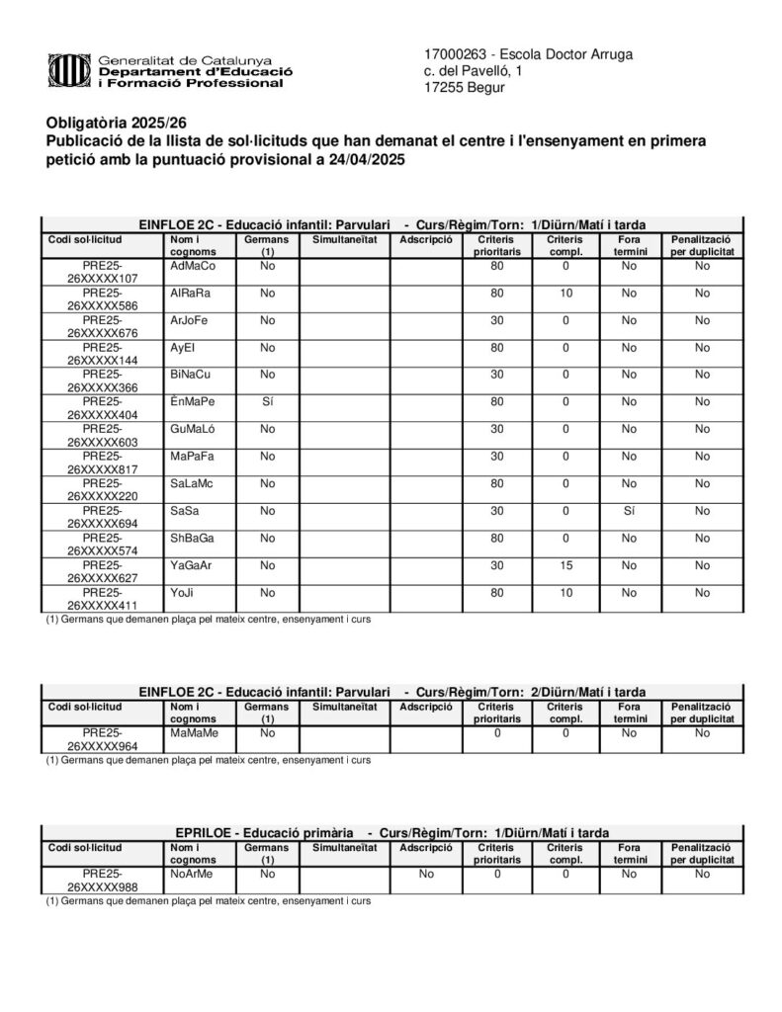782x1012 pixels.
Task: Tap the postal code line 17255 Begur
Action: [464, 88]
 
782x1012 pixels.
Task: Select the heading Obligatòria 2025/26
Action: [116, 123]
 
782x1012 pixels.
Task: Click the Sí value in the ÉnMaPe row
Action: [267, 402]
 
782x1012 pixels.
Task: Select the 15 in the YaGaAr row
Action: [565, 565]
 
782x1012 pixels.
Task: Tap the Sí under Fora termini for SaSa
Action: [629, 511]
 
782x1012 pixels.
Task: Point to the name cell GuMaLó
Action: [193, 429]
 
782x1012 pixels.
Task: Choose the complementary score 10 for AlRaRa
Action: [565, 294]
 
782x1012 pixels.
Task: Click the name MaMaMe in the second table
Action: [194, 733]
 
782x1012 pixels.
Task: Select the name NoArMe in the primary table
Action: [192, 874]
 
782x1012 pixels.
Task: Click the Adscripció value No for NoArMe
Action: [426, 874]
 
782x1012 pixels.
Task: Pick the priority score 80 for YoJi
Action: [497, 593]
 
